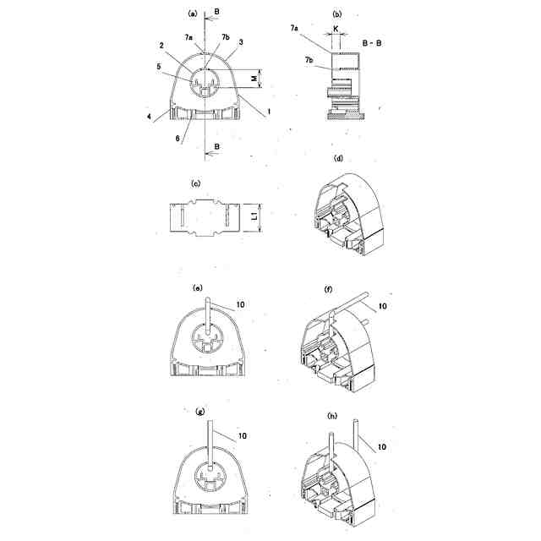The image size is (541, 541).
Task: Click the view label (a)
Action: (x=193, y=14)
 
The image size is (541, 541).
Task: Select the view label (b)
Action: (x=338, y=14)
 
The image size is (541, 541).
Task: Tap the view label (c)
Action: (x=195, y=183)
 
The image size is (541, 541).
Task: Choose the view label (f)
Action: (x=328, y=288)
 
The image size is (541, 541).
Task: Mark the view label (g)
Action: (x=199, y=412)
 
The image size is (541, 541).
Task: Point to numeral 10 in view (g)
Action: (x=242, y=436)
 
